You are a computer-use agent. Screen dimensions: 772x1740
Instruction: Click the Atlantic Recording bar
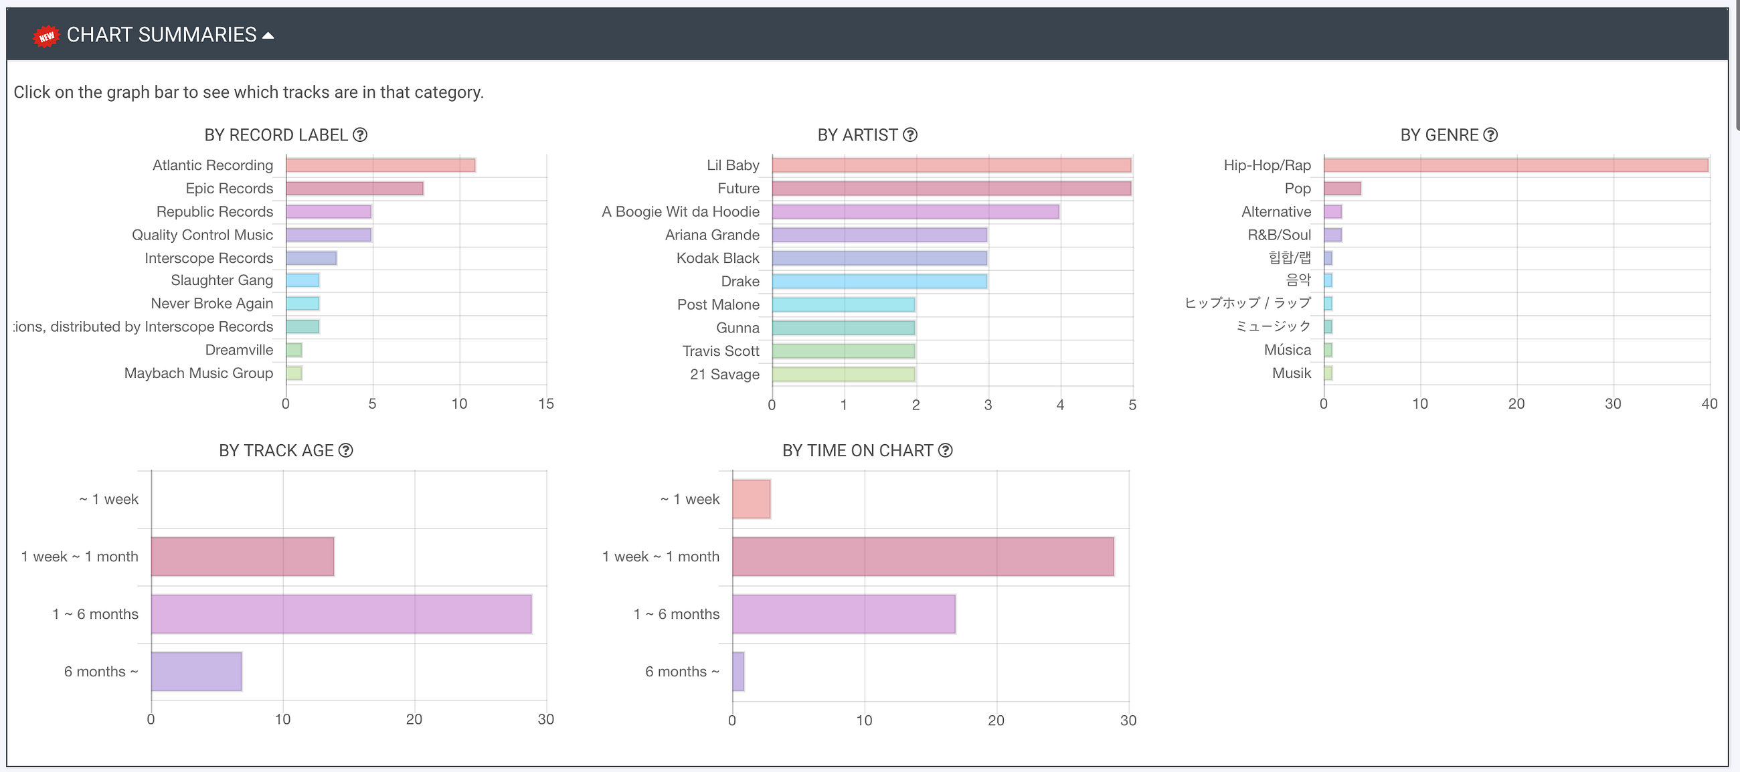coord(380,165)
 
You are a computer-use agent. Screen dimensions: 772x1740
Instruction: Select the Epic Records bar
coord(355,189)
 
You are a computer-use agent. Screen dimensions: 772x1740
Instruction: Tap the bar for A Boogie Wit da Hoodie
coord(916,212)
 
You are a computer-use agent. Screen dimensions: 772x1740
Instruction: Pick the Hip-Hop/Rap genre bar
coord(1516,165)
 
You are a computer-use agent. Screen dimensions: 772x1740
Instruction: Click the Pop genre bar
coord(1342,189)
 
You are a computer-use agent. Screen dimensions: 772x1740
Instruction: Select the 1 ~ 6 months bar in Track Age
coord(341,614)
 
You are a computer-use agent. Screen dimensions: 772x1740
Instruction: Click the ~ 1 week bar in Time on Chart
coord(751,499)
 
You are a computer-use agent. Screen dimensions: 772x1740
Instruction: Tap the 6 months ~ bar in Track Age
coord(197,672)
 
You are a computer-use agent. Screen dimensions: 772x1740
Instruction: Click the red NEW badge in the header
coord(46,36)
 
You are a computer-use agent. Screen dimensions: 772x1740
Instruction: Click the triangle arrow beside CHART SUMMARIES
coord(268,36)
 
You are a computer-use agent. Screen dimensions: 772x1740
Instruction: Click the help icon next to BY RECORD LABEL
coord(361,135)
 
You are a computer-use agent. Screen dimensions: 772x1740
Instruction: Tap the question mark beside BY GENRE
coord(1490,135)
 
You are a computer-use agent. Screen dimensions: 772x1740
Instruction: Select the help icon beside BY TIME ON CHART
coord(946,450)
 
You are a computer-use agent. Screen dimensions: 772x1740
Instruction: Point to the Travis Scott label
coord(721,351)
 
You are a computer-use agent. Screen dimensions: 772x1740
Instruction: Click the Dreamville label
coord(239,350)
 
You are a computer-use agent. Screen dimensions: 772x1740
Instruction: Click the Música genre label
coord(1288,350)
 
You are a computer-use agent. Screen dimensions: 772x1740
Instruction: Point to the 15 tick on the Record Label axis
coord(546,404)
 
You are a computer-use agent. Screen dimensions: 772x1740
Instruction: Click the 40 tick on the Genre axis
coord(1709,404)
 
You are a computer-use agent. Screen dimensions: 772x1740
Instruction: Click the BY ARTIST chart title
coord(857,135)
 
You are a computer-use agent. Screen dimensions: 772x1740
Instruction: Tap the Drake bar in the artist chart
coord(879,282)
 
